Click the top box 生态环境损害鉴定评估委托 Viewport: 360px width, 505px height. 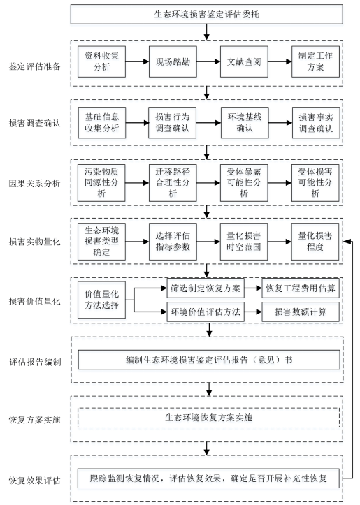[x=207, y=14]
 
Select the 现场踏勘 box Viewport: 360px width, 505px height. [x=173, y=61]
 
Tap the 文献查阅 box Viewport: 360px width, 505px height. [x=244, y=61]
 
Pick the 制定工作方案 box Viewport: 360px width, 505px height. [x=315, y=61]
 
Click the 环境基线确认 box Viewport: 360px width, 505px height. [x=245, y=123]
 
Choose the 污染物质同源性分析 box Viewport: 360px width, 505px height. [x=101, y=183]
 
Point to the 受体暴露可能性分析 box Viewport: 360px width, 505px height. [x=244, y=183]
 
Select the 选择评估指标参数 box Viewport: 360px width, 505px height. [x=173, y=242]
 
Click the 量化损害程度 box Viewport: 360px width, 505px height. [x=315, y=242]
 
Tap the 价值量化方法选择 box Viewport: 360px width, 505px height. [x=101, y=300]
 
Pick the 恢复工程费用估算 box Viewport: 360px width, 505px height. [x=301, y=288]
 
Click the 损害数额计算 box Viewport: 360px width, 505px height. [x=301, y=312]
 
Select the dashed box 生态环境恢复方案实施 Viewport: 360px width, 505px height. [x=208, y=418]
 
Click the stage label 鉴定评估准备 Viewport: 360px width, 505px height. [x=34, y=66]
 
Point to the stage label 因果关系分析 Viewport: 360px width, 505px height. [x=34, y=183]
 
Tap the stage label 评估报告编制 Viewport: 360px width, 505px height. [x=35, y=362]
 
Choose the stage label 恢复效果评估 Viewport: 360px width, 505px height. [x=34, y=481]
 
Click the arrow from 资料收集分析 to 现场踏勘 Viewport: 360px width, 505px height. [x=137, y=61]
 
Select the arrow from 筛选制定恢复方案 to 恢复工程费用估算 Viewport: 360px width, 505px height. [x=253, y=288]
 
